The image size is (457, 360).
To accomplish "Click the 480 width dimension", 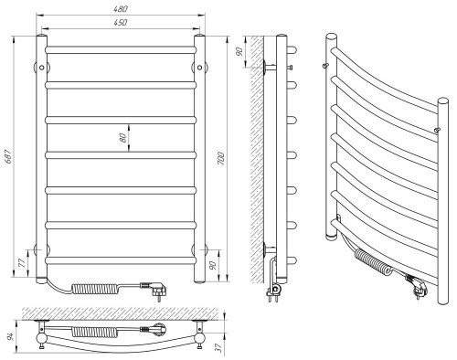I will click(x=121, y=9).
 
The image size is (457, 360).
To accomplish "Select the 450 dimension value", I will click(x=121, y=23).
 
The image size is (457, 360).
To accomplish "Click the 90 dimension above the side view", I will click(x=239, y=52).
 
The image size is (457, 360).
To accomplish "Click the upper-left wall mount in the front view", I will click(x=39, y=66).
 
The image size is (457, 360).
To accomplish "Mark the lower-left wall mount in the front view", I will click(x=39, y=249).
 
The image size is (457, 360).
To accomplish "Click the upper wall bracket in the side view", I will click(x=270, y=67).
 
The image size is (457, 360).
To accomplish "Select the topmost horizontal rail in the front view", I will click(x=121, y=48).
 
